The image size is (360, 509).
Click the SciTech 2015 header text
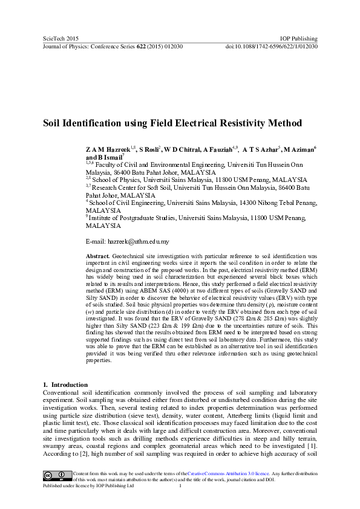click(59, 39)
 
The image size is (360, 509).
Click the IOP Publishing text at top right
click(299, 39)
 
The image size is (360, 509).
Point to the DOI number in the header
click(272, 46)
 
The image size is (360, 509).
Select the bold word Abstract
click(97, 256)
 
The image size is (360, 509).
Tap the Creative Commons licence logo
click(56, 473)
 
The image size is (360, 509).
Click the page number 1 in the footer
click(181, 485)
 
